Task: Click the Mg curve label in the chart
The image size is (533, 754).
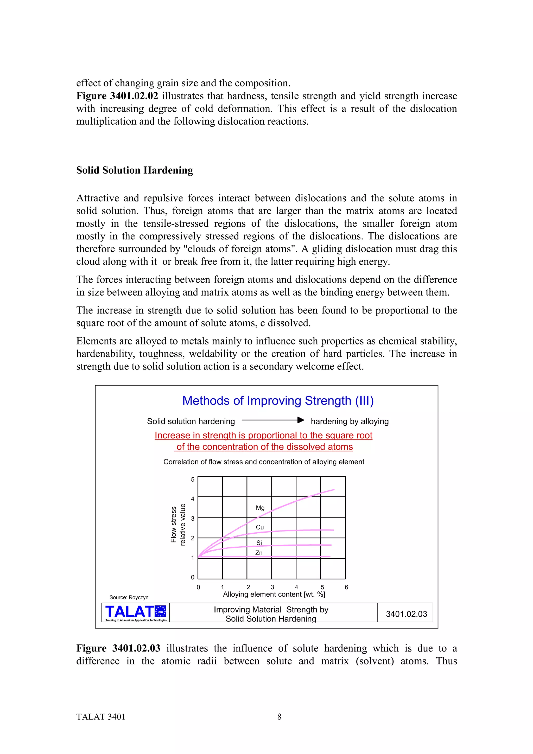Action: pyautogui.click(x=260, y=508)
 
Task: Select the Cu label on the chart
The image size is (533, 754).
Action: pyautogui.click(x=260, y=527)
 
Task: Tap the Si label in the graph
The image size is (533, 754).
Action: pyautogui.click(x=259, y=542)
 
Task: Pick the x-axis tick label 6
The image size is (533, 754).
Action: pyautogui.click(x=346, y=587)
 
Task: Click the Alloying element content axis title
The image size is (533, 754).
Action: pyautogui.click(x=274, y=595)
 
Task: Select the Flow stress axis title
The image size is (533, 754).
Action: pyautogui.click(x=173, y=525)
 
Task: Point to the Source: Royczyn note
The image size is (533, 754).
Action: pyautogui.click(x=129, y=597)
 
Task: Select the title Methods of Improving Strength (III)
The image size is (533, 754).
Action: pyautogui.click(x=278, y=401)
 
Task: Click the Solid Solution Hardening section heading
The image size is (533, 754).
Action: pyautogui.click(x=135, y=170)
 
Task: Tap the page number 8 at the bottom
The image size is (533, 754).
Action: pyautogui.click(x=279, y=717)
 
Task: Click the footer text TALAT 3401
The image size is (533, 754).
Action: pyautogui.click(x=101, y=717)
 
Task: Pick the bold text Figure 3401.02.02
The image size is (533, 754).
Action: pyautogui.click(x=117, y=96)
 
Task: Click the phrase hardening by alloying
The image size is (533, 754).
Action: pyautogui.click(x=350, y=421)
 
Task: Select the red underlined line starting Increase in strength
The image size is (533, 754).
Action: pyautogui.click(x=263, y=436)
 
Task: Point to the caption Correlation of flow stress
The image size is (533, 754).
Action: pyautogui.click(x=264, y=462)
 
